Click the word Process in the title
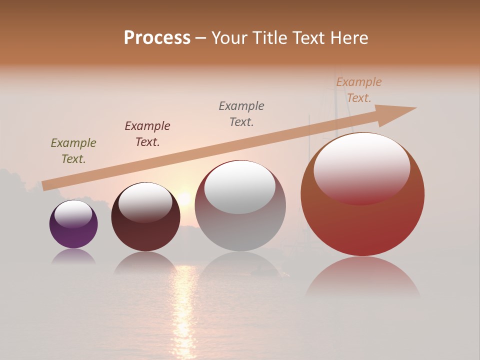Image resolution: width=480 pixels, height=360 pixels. pyautogui.click(x=157, y=38)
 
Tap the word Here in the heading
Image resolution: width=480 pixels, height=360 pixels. pyautogui.click(x=349, y=38)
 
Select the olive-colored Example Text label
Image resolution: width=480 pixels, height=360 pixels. pyautogui.click(x=73, y=151)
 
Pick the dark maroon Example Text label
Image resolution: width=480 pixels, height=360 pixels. pyautogui.click(x=147, y=134)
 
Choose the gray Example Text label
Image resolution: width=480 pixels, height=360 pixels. pyautogui.click(x=241, y=114)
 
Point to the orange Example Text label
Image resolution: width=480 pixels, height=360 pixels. pyautogui.click(x=359, y=90)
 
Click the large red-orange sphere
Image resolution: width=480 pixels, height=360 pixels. pyautogui.click(x=362, y=225)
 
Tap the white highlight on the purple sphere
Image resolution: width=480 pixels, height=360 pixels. pyautogui.click(x=73, y=214)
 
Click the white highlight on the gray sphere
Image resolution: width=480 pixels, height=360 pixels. pyautogui.click(x=240, y=187)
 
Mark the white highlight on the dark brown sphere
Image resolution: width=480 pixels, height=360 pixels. pyautogui.click(x=145, y=201)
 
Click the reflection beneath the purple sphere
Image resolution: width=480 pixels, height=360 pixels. pyautogui.click(x=73, y=256)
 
